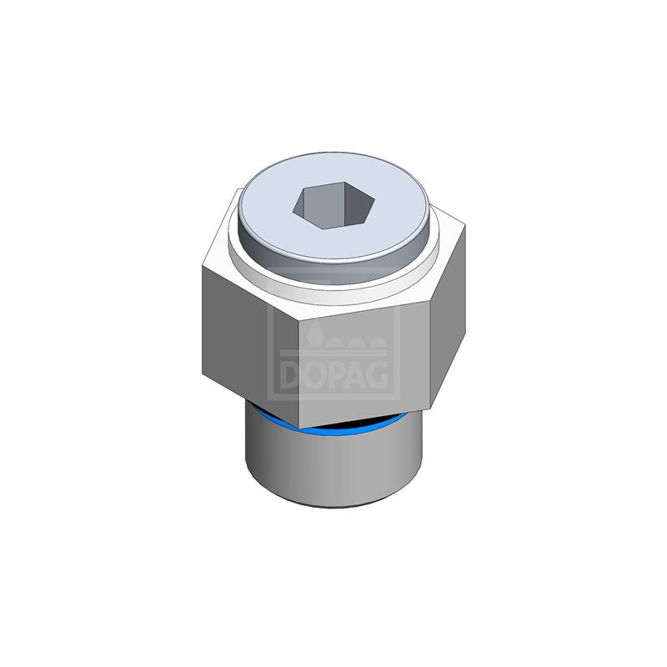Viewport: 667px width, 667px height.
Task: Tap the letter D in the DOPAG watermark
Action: click(291, 375)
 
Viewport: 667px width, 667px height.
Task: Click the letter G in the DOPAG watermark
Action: click(377, 375)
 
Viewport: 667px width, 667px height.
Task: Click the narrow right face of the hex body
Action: click(448, 317)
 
